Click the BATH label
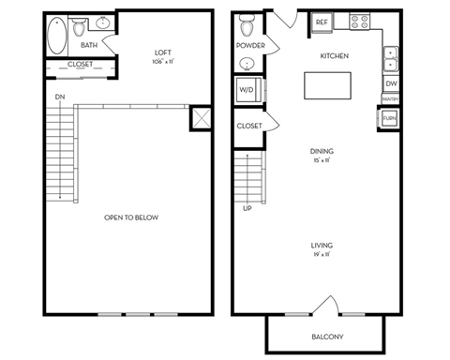pos(89,44)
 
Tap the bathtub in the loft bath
pos(56,35)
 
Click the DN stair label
pos(59,96)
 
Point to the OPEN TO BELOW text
pos(131,217)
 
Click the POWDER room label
pos(248,45)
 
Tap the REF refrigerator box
pos(322,22)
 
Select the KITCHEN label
pos(335,56)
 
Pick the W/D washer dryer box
pos(247,90)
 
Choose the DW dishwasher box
pos(390,83)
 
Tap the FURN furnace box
pos(389,119)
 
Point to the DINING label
pos(323,151)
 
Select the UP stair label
pos(247,207)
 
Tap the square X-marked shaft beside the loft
pos(200,119)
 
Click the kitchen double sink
pos(390,60)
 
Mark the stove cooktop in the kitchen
pos(361,21)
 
